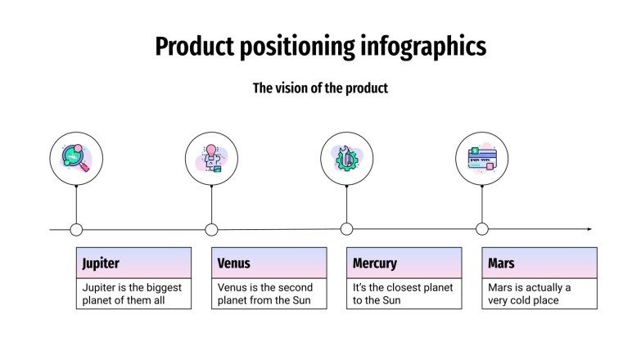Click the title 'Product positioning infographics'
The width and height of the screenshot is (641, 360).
tap(320, 47)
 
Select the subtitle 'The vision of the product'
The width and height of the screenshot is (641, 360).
tap(320, 88)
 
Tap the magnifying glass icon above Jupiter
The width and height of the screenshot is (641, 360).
tap(76, 158)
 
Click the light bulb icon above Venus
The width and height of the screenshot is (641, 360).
tap(211, 158)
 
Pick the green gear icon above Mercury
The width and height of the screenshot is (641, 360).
tap(346, 158)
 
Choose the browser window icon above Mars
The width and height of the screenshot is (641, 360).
tap(481, 158)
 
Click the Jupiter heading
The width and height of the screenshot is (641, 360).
tap(101, 263)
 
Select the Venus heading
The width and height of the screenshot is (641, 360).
tap(234, 263)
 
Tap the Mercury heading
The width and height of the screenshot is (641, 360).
tap(375, 263)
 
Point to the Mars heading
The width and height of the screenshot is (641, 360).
tap(501, 263)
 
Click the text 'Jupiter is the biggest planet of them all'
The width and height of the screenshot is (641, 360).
tap(132, 294)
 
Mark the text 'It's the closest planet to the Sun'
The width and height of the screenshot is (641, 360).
tap(402, 294)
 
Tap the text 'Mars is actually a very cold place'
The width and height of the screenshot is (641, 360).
tap(530, 294)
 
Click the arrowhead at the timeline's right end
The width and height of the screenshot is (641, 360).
tap(589, 229)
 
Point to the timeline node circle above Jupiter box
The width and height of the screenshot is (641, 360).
tap(76, 229)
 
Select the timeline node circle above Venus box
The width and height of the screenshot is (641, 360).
tap(211, 229)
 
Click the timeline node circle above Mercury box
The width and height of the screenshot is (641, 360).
tap(346, 229)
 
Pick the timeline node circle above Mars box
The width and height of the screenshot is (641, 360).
tap(481, 229)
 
